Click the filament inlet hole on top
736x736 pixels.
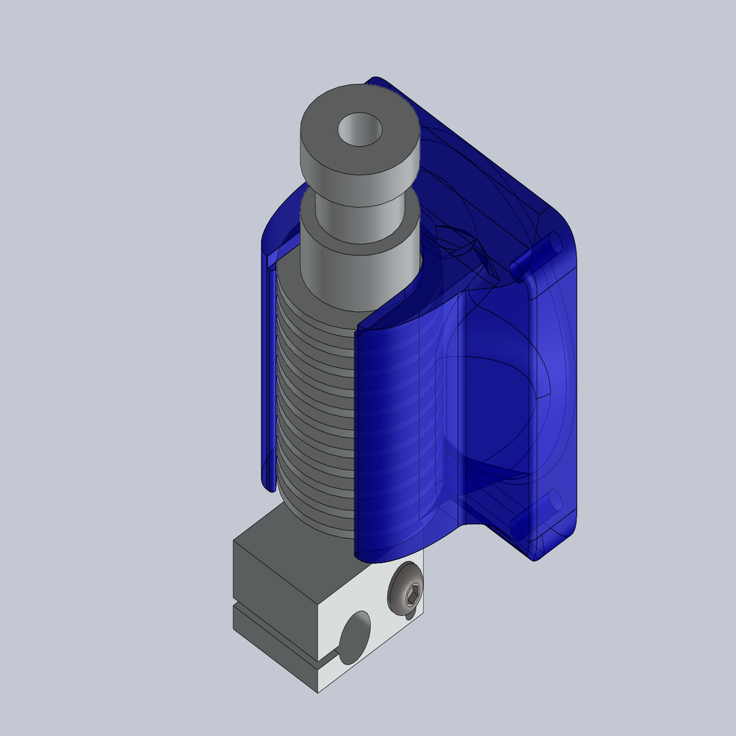point(359,129)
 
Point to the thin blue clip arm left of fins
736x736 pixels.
point(267,374)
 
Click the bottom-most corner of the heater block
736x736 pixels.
point(318,691)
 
